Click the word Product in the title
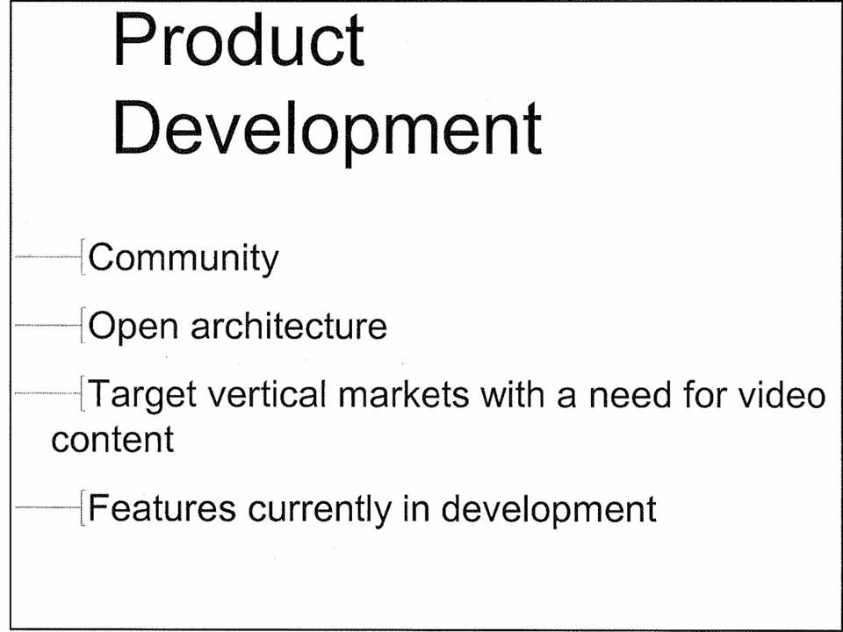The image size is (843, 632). [239, 41]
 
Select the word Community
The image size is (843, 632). [184, 259]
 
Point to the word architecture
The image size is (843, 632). [289, 325]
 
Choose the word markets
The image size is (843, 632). [404, 394]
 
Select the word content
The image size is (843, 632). [112, 440]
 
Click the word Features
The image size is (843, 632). [162, 508]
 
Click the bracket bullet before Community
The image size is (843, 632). [83, 257]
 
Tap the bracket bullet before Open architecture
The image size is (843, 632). [83, 325]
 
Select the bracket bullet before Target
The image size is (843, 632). [83, 393]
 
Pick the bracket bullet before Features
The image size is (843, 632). [83, 507]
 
